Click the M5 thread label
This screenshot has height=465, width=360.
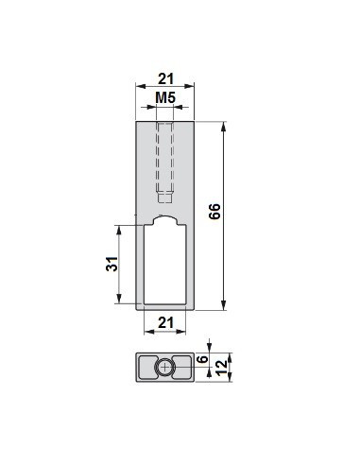click(x=164, y=98)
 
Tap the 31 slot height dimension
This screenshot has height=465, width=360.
click(x=110, y=266)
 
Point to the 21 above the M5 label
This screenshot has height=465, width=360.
click(x=164, y=78)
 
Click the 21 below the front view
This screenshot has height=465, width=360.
click(x=164, y=324)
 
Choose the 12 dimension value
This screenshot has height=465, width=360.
click(x=222, y=365)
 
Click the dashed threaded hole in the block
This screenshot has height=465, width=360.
click(x=164, y=156)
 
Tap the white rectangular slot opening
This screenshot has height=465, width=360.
click(x=164, y=269)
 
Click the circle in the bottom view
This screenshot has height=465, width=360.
click(x=164, y=366)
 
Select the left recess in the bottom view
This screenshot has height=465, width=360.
click(x=146, y=366)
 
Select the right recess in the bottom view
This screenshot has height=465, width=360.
click(x=182, y=366)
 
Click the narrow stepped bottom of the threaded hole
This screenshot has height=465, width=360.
click(x=164, y=198)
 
